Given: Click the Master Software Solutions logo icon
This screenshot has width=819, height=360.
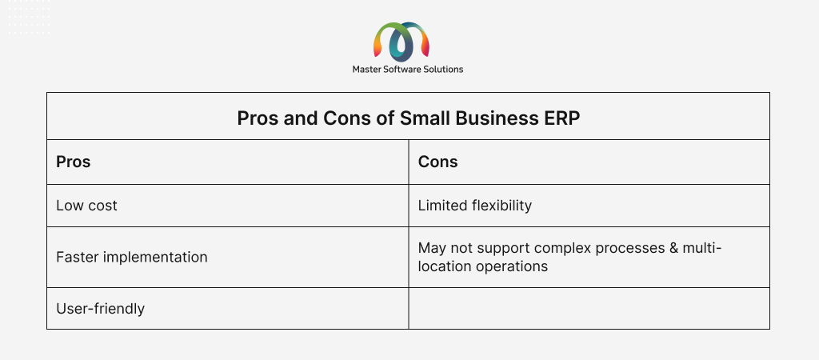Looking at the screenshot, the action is (402, 41).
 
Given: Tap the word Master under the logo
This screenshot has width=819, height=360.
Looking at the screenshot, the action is (365, 70).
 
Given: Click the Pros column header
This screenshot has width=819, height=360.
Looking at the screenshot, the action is (73, 162).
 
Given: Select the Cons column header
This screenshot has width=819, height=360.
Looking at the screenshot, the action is (437, 162).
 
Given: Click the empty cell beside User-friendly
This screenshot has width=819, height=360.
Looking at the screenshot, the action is (589, 308).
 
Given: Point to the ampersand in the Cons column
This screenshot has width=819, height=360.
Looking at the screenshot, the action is (673, 248).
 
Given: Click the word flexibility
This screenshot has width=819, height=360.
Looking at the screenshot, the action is (501, 206).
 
